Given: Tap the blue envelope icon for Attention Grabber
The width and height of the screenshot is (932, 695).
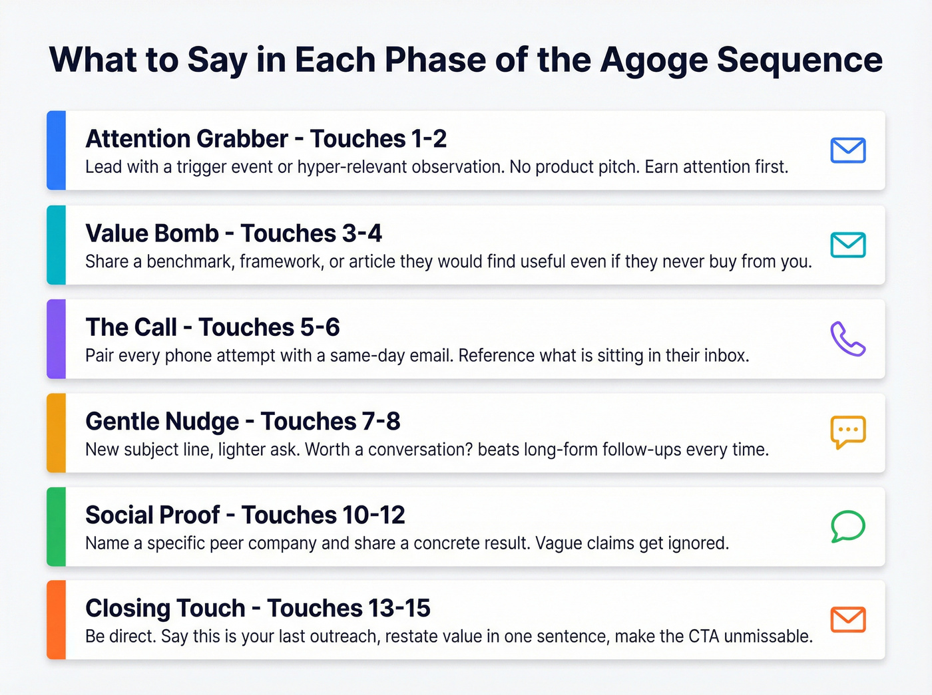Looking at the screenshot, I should tap(847, 150).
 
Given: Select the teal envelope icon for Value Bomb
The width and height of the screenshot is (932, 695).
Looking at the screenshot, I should tap(847, 245).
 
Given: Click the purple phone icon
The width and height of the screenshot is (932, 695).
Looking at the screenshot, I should tap(847, 339).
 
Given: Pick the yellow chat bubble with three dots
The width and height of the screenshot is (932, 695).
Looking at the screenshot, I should tap(847, 432).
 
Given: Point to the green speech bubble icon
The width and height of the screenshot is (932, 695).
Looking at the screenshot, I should tap(847, 526).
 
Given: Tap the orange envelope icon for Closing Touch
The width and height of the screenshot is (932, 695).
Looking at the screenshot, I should tap(847, 620).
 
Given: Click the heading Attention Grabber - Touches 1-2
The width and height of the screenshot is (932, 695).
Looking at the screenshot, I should tap(266, 139).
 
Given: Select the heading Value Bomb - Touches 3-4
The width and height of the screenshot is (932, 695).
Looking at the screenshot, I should tap(234, 233).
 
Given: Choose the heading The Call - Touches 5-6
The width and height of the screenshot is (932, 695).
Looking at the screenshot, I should tap(212, 327).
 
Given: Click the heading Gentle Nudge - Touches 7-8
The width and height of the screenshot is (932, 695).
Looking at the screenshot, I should tap(243, 421).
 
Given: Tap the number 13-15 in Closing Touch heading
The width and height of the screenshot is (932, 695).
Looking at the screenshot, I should tap(399, 608).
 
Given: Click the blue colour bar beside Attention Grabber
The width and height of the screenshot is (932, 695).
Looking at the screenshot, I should tap(57, 150).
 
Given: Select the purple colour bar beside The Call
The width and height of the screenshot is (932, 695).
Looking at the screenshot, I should tap(57, 339).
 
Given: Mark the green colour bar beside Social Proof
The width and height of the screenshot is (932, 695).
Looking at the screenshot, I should tap(57, 526).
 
